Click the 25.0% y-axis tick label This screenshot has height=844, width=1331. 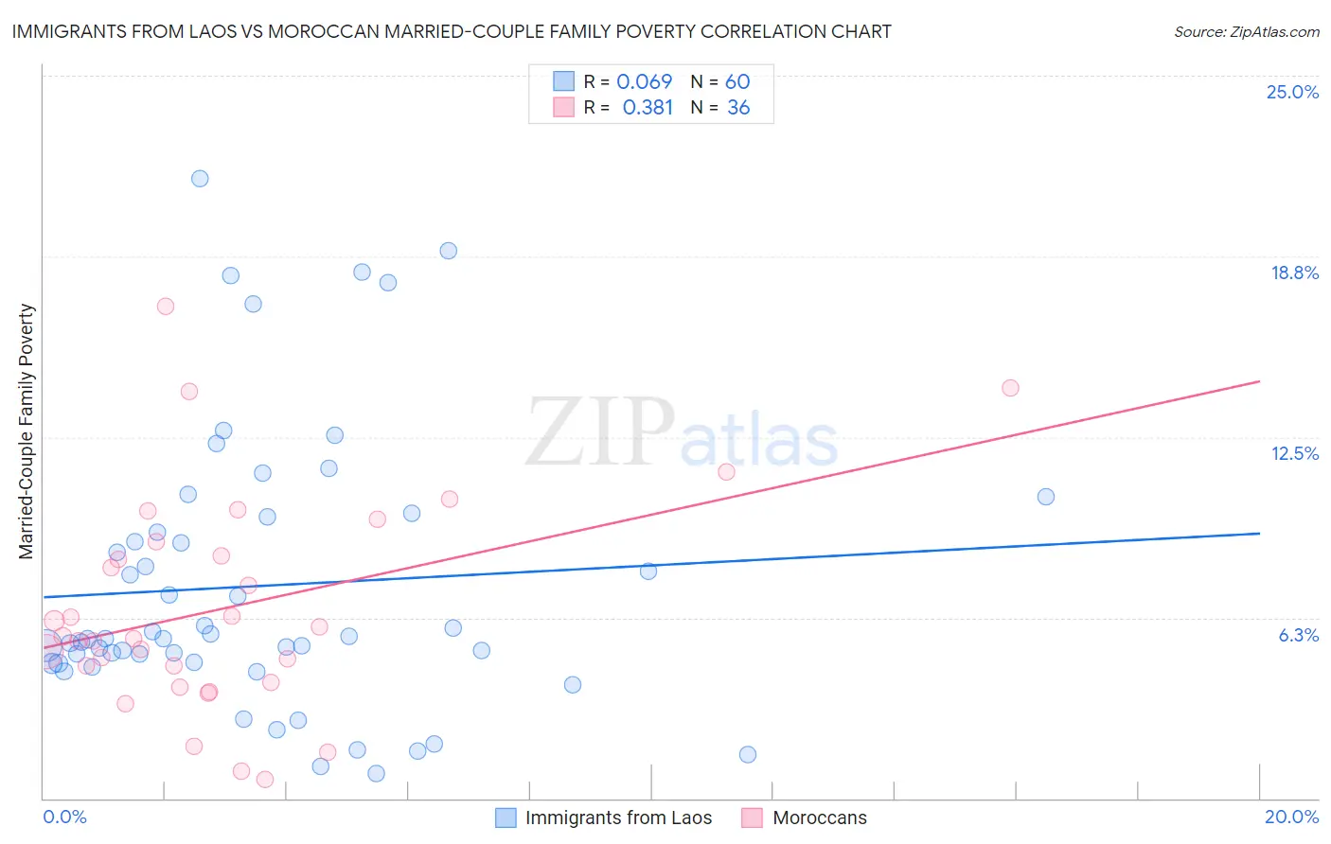point(1292,92)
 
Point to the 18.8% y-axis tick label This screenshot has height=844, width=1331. point(1294,273)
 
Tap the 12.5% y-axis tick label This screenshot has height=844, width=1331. point(1294,453)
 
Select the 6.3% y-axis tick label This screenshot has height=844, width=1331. point(1298,635)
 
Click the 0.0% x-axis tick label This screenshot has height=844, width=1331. point(64,817)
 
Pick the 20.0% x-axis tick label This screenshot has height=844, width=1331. point(1291,817)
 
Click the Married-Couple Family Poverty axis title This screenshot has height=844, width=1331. point(27,431)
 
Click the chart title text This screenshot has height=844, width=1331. point(452,31)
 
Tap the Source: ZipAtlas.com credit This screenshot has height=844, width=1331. point(1246,32)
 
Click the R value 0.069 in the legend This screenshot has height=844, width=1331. point(644,81)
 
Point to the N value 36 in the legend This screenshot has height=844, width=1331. point(738,108)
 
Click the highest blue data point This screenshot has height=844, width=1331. point(200,179)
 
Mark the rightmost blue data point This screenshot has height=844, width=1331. point(1045,497)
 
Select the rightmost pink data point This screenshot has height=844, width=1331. point(1010,388)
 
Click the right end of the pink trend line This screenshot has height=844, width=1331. point(1259,381)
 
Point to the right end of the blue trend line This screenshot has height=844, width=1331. point(1259,534)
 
